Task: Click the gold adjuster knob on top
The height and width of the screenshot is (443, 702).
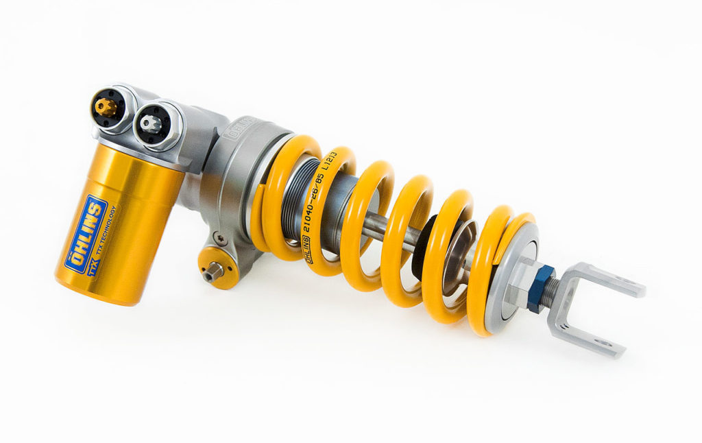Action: (107, 106)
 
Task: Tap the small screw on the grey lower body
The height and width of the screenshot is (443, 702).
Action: (219, 238)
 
